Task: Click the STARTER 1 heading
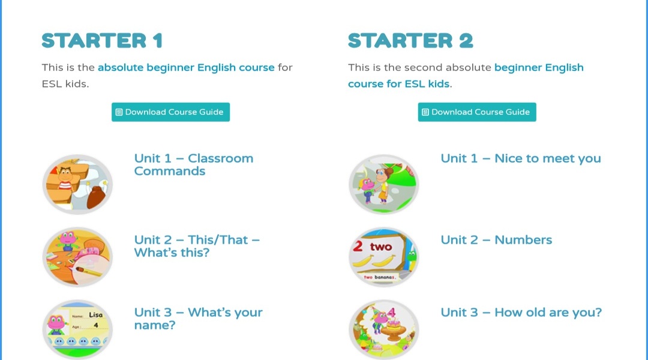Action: [102, 41]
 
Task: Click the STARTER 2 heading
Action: [410, 41]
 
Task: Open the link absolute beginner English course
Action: [186, 67]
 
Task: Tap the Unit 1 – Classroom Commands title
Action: [193, 164]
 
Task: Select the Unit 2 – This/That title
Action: [197, 246]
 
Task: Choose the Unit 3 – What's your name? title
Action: [198, 319]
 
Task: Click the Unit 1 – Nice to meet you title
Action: [521, 158]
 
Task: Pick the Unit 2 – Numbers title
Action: [496, 240]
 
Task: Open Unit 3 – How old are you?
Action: [521, 313]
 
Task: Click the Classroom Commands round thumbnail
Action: [77, 184]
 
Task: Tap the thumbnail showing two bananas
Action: [384, 257]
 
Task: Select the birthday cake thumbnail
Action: [384, 329]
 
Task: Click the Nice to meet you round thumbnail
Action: [384, 184]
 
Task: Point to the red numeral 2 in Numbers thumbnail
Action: [358, 247]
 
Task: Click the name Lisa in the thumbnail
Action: [95, 315]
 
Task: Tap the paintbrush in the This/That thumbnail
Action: [88, 272]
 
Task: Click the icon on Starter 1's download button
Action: [119, 112]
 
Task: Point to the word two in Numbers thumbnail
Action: [380, 247]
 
